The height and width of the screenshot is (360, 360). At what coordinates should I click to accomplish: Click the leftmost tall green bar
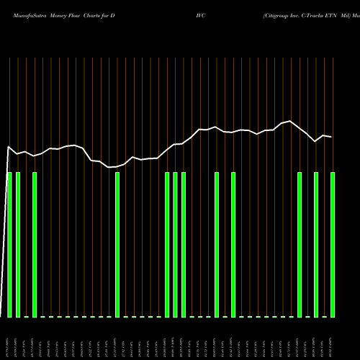point(9,245)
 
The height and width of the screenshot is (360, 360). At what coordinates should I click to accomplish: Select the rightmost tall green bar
point(333,245)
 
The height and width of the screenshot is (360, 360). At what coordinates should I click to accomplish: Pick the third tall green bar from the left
point(35,245)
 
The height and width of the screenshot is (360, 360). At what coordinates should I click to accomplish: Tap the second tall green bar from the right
point(316,245)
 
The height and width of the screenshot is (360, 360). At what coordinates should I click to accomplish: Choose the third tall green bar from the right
point(300,245)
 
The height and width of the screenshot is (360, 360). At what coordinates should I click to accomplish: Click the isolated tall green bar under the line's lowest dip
point(117,245)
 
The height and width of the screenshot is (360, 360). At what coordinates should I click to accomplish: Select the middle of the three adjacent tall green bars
point(175,245)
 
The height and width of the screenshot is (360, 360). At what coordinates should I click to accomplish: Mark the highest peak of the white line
point(291,121)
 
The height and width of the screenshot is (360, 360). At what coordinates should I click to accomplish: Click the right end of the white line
point(332,137)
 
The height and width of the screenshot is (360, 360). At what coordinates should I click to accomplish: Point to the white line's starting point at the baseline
point(2,317)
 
